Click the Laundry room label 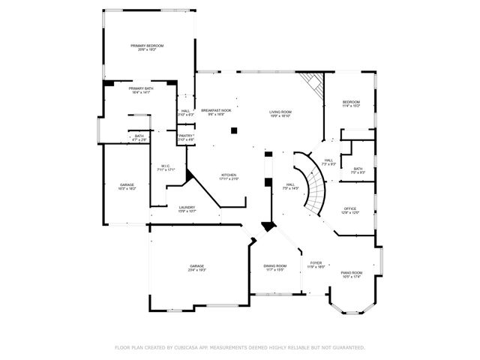tap(187, 209)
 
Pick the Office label tap(350, 211)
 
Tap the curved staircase tap(315, 184)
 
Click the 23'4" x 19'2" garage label tap(196, 268)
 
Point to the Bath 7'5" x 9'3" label tap(358, 170)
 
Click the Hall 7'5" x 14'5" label tap(289, 186)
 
